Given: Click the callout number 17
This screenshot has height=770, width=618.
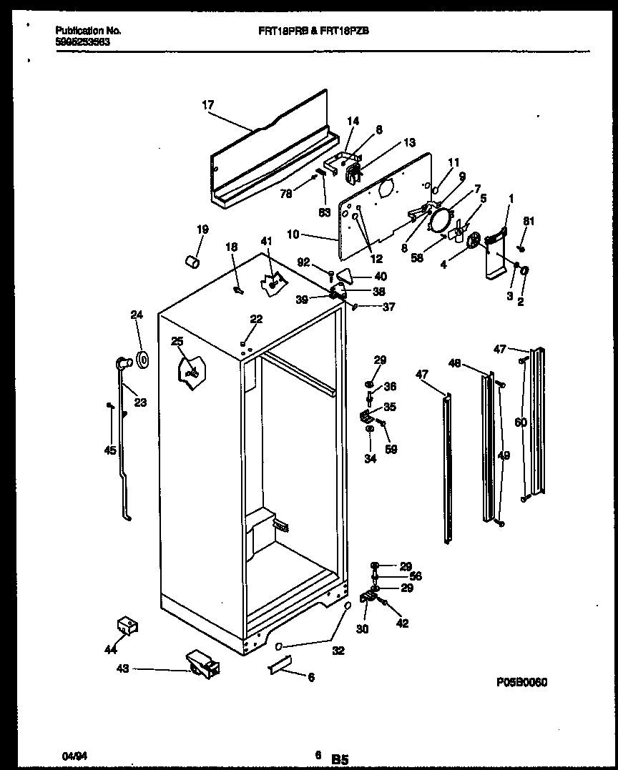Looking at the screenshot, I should [207, 105].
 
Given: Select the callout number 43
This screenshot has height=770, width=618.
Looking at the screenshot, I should [122, 668].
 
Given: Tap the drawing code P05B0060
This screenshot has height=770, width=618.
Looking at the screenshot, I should [521, 683].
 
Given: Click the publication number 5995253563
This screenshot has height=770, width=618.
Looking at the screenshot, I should [83, 41].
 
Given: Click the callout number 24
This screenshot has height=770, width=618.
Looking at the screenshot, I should [137, 314].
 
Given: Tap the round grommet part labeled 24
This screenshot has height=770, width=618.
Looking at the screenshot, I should [141, 361].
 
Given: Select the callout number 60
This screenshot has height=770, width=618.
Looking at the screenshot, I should [521, 423].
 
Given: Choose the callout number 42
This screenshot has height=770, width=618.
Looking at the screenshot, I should [402, 623].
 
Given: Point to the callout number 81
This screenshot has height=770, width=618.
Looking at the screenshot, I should [528, 221].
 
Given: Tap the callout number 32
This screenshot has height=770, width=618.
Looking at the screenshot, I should [338, 651].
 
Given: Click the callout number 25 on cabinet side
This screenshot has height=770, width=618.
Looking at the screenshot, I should [177, 342].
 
